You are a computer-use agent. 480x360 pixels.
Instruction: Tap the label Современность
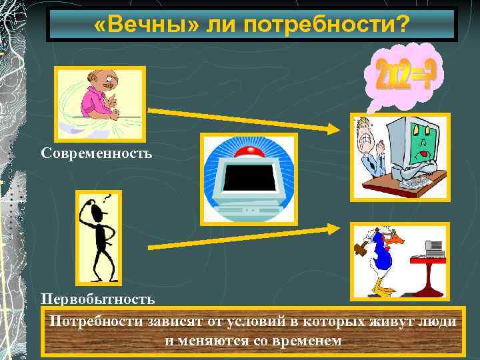97,153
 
